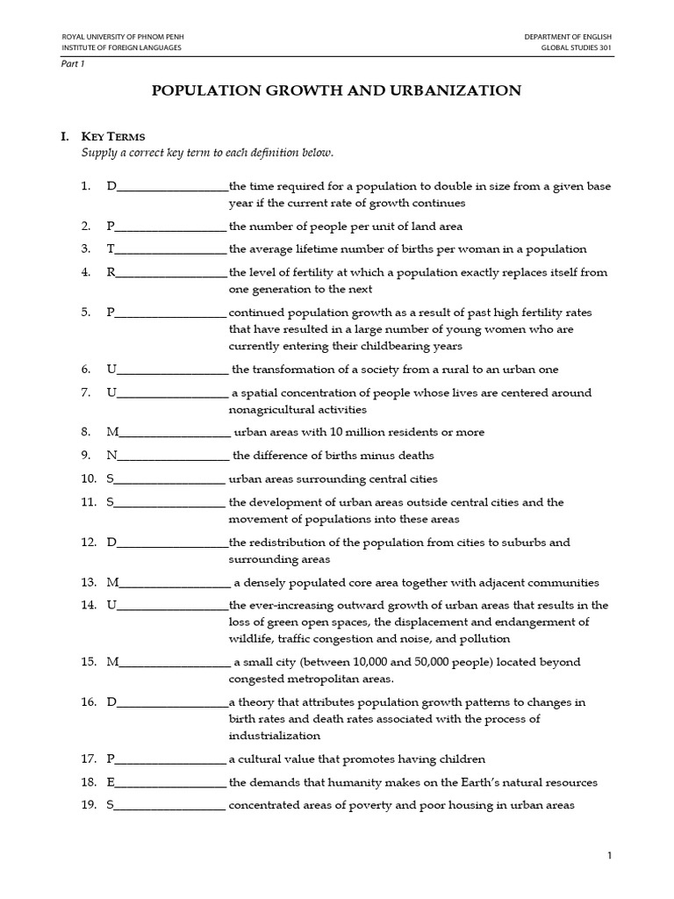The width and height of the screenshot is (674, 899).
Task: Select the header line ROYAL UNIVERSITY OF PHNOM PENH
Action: coord(122,36)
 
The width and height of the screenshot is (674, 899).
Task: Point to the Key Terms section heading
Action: coord(113,136)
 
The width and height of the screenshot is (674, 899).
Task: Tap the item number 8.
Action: coord(86,432)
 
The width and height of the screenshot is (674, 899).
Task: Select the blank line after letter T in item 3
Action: coord(171,249)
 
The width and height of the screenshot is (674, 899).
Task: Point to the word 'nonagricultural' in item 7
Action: coord(270,409)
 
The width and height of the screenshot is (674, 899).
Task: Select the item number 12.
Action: coord(88,543)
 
